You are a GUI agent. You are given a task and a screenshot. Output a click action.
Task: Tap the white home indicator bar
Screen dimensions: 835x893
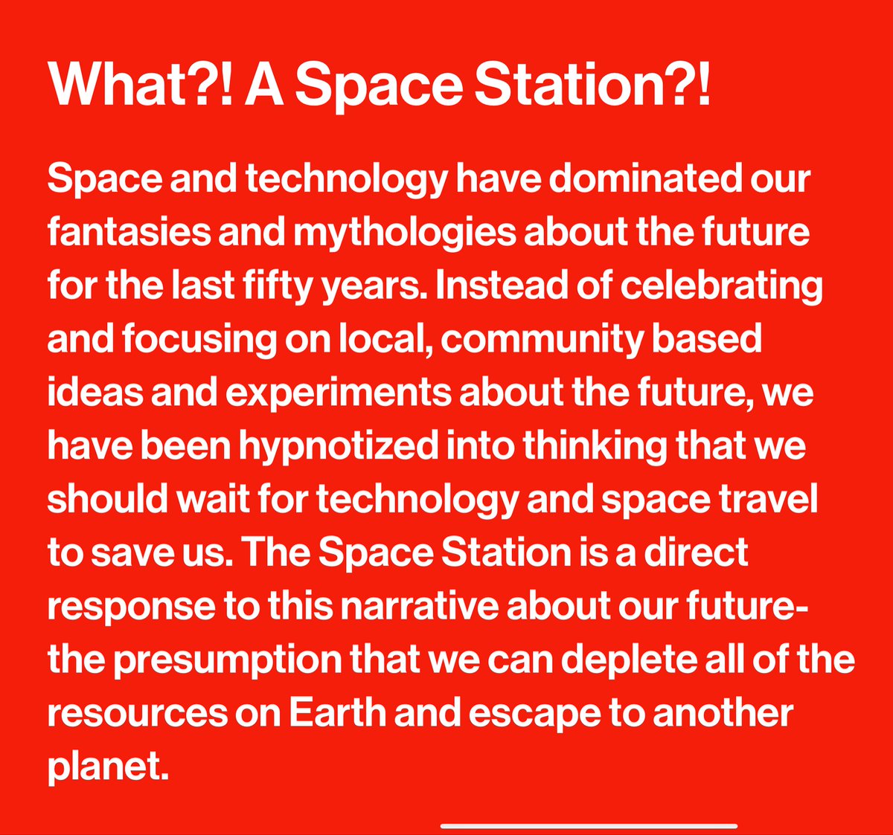click(x=589, y=825)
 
